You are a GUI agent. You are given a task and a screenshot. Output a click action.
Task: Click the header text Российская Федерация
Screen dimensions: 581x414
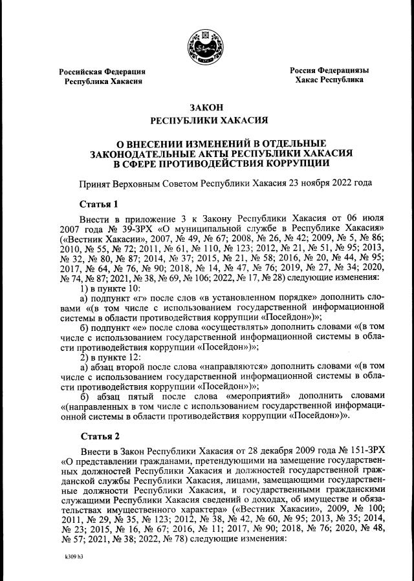click(x=102, y=72)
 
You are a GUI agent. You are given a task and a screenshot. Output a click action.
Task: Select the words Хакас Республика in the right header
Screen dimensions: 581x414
click(x=329, y=80)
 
